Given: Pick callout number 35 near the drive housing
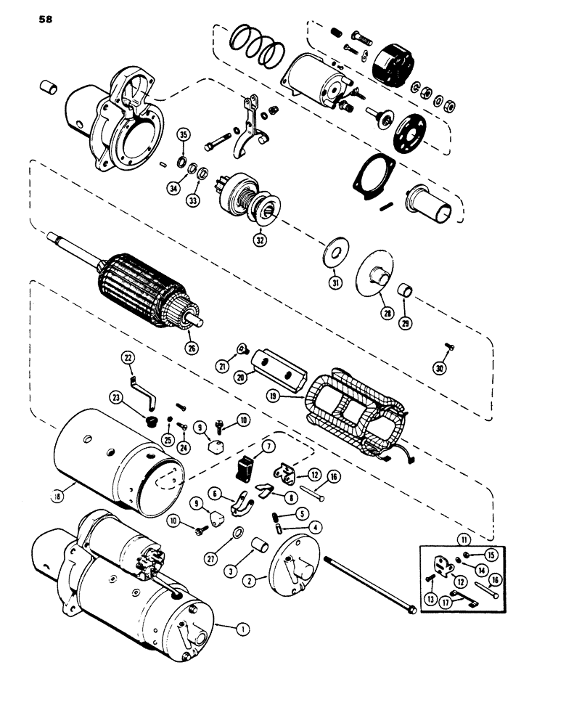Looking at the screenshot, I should pos(184,135).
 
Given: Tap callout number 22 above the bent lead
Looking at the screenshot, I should pos(128,357).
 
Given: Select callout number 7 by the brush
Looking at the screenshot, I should pos(249,444).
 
